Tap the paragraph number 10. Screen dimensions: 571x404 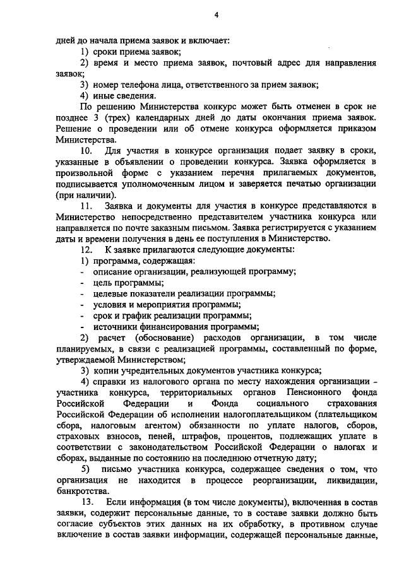(x=87, y=151)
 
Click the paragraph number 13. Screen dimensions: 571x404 (x=87, y=501)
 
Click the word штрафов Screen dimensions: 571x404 (x=205, y=435)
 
